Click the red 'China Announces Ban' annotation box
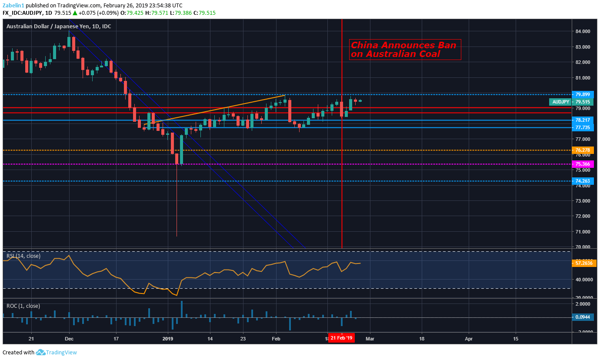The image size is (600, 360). click(x=405, y=50)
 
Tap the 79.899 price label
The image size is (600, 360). click(x=582, y=94)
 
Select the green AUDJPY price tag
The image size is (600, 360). click(x=561, y=102)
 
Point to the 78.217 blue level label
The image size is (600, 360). click(x=582, y=120)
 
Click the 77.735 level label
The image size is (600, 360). click(x=582, y=128)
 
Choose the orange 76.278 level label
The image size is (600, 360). click(x=582, y=150)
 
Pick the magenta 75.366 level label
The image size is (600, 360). click(x=582, y=164)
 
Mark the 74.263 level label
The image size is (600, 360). click(x=582, y=181)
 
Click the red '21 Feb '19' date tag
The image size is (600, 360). click(x=341, y=338)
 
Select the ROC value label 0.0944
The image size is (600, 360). click(x=582, y=317)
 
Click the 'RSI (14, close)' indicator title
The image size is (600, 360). click(x=23, y=256)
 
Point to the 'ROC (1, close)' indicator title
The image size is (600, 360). click(x=23, y=306)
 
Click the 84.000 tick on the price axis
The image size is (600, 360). click(x=582, y=31)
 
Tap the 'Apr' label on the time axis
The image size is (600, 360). click(x=469, y=338)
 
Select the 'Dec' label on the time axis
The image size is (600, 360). click(x=69, y=338)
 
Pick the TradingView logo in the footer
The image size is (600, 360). click(x=56, y=353)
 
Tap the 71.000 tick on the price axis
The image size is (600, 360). click(x=582, y=232)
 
